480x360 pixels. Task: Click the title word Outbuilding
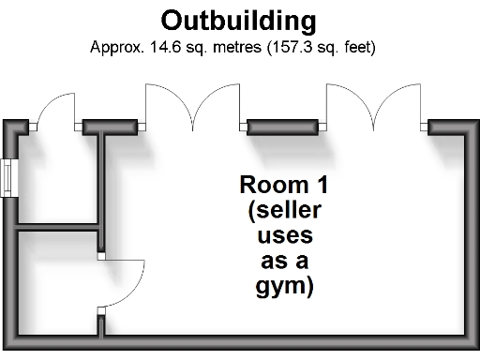pyautogui.click(x=239, y=20)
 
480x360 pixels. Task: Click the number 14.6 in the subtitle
pyautogui.click(x=155, y=45)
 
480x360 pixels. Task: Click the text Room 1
pyautogui.click(x=284, y=184)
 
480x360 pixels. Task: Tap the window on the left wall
pyautogui.click(x=7, y=178)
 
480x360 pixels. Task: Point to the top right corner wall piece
pyautogui.click(x=447, y=127)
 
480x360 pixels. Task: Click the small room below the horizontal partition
pyautogui.click(x=56, y=286)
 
